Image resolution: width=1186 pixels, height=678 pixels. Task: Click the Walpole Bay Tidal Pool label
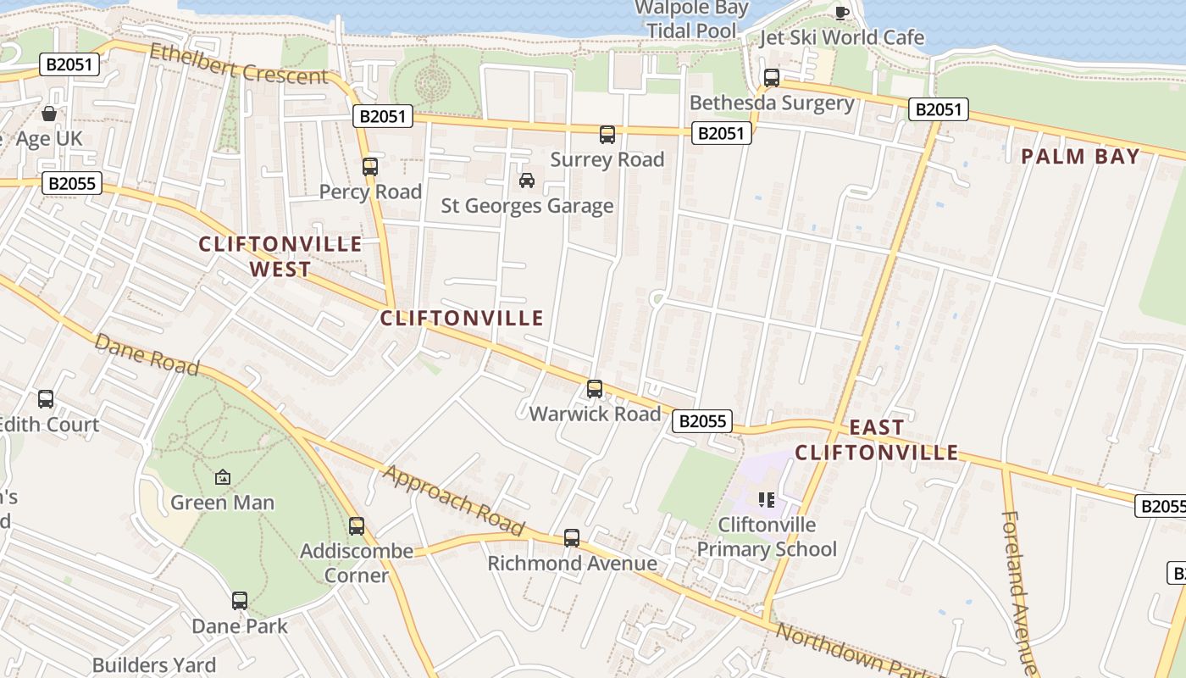point(691,19)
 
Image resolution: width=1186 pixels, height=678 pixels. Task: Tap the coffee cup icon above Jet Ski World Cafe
point(841,12)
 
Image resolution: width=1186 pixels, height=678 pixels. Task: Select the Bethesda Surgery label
point(772,103)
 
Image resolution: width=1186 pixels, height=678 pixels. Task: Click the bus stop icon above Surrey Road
point(607,134)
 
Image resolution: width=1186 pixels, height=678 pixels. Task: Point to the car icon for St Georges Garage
point(527,181)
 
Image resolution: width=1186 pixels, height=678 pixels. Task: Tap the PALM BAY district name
point(1080,157)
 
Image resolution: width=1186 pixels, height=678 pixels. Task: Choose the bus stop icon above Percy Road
point(370,166)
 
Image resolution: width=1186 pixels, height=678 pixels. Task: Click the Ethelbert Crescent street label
point(239,64)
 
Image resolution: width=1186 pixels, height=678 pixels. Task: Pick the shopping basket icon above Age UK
point(49,114)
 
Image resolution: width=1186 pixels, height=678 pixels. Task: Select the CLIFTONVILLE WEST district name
point(280,257)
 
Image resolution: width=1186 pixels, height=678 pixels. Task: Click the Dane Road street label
point(147,354)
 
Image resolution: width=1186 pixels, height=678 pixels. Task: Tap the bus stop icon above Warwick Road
point(595,389)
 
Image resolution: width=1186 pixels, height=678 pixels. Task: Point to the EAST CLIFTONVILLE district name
point(876,440)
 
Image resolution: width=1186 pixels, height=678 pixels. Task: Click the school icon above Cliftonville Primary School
point(767,499)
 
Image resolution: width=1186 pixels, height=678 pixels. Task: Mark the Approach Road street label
point(453,500)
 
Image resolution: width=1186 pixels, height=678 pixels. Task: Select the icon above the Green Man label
point(223,477)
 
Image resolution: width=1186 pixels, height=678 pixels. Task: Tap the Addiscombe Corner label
point(357,564)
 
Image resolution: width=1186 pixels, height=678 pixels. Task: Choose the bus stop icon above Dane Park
point(240,601)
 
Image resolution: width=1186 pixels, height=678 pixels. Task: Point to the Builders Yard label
point(154,665)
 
